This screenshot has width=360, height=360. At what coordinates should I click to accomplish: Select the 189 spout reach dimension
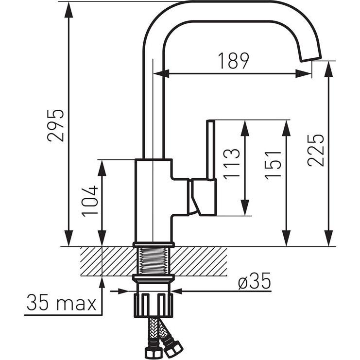[x=233, y=61]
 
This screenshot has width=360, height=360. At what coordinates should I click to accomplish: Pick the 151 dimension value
[x=273, y=164]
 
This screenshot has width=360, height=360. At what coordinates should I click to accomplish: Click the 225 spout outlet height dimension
[x=315, y=150]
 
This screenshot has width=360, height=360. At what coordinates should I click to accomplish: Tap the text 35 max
[x=61, y=303]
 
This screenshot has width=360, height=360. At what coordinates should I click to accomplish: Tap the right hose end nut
[x=172, y=346]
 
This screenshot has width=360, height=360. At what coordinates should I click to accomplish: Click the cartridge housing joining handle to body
[x=202, y=197]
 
